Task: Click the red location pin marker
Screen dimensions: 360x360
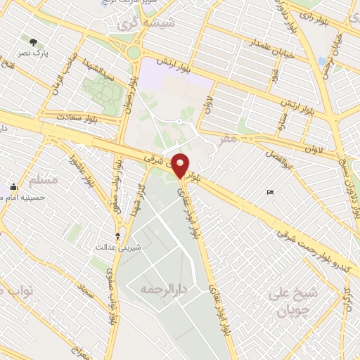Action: pyautogui.click(x=181, y=166)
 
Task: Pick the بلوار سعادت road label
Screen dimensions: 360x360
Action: pyautogui.click(x=61, y=115)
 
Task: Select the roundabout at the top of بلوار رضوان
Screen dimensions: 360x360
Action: pyautogui.click(x=134, y=51)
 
